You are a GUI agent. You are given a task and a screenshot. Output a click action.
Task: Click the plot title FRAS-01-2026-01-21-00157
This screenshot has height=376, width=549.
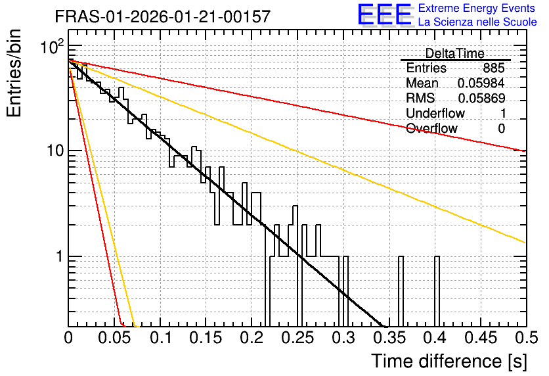163,16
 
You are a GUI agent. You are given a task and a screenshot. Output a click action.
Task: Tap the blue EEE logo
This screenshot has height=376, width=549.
384,14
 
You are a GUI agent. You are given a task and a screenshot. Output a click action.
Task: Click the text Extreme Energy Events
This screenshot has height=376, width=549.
477,8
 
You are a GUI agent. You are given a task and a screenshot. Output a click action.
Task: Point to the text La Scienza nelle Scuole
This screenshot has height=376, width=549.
477,22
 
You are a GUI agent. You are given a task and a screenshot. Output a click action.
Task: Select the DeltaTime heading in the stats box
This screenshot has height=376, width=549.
455,53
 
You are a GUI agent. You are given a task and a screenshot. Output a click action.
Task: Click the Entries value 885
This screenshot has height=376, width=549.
494,68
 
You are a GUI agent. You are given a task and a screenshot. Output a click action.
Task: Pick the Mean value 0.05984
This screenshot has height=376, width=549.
481,83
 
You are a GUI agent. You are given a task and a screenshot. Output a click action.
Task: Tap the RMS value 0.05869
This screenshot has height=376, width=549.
481,99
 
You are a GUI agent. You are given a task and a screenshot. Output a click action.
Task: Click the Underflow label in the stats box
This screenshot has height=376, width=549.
435,113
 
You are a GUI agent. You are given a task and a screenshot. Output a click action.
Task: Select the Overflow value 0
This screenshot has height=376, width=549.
501,129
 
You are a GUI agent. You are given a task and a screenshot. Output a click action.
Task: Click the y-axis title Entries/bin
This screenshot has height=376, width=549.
14,74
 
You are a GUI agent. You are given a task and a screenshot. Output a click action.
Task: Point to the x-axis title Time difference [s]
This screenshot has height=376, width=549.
449,362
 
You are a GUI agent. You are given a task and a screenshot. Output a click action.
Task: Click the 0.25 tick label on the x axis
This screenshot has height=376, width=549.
297,338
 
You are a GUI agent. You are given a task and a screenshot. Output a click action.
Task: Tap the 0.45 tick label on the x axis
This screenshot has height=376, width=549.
481,338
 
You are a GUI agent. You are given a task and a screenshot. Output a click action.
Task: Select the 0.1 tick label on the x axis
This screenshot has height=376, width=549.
161,338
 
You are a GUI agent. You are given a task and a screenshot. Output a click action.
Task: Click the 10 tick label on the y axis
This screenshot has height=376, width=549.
55,151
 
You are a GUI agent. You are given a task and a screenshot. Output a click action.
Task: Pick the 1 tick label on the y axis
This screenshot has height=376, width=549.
59,256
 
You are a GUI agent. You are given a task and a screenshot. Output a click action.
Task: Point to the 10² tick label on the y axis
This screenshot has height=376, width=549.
53,47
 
